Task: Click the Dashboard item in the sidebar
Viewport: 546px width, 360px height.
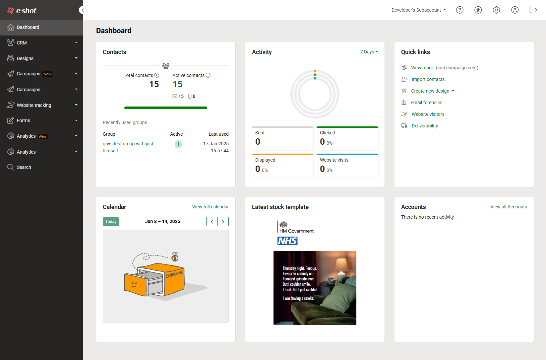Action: [28, 28]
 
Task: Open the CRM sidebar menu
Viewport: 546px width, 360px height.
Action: [22, 43]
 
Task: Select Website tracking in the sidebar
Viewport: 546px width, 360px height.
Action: [34, 105]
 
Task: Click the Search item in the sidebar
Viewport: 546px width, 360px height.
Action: [24, 167]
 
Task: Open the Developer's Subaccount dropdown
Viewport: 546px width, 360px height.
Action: [418, 10]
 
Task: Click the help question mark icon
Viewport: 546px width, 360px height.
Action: [459, 10]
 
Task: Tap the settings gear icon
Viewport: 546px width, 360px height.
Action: [496, 10]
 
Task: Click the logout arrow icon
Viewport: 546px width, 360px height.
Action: [533, 10]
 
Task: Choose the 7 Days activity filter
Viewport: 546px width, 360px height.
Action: [369, 52]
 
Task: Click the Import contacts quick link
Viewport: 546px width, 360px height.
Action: [428, 79]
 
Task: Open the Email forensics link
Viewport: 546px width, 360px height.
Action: [426, 103]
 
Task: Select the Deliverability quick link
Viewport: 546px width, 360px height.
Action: [425, 126]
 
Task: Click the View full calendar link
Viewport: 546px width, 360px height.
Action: [210, 207]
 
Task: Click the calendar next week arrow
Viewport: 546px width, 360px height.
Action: [223, 222]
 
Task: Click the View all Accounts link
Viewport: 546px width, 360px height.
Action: [509, 207]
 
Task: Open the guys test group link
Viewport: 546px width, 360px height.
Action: [128, 144]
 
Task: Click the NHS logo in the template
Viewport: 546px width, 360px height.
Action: [287, 241]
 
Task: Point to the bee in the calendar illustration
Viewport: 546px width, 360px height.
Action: [175, 257]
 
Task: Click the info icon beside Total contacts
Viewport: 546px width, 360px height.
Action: [157, 75]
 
